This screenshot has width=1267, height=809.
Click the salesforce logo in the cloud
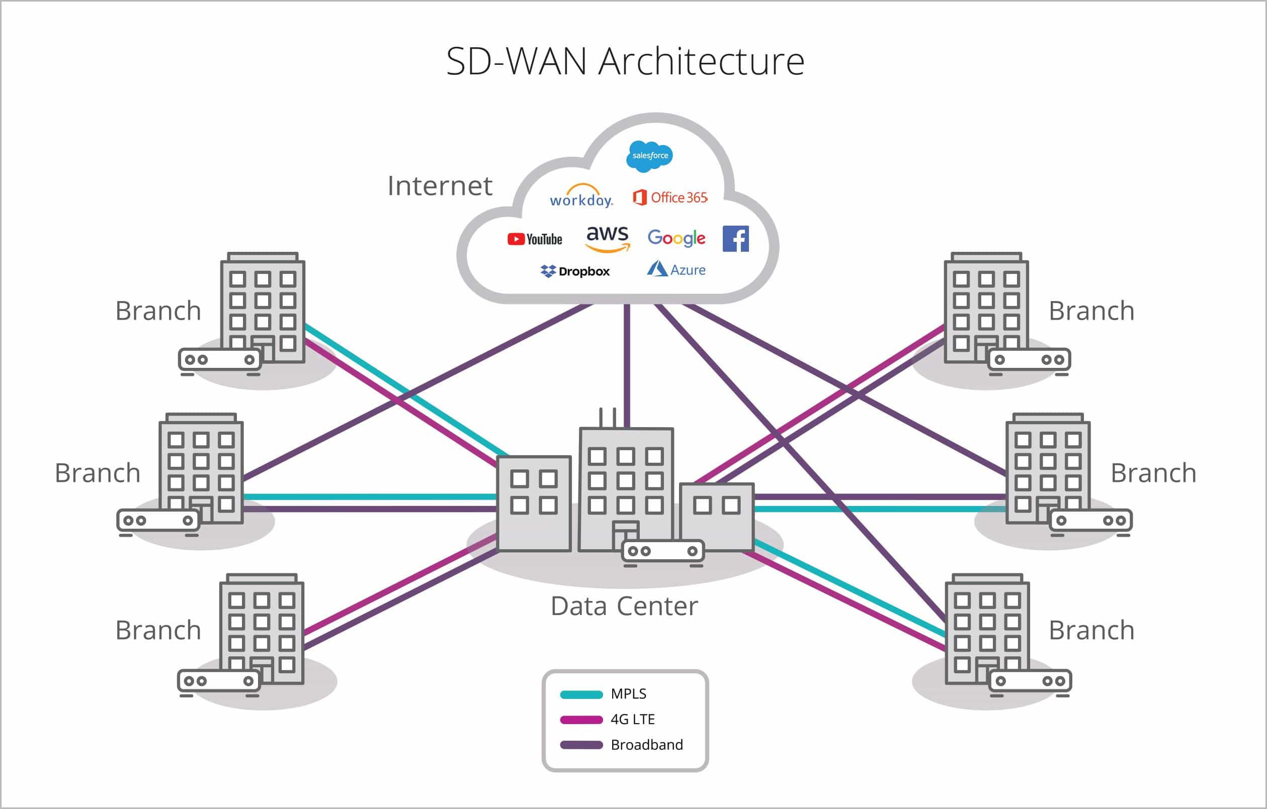(x=650, y=156)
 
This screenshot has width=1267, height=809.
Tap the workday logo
(x=581, y=197)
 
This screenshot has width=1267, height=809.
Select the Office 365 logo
(x=670, y=197)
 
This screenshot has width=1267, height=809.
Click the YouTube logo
(x=535, y=239)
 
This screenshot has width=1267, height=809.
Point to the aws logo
(x=608, y=238)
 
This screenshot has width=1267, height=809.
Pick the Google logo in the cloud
(x=676, y=238)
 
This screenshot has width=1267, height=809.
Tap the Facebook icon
(x=735, y=239)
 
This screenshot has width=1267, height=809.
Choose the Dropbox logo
(x=575, y=271)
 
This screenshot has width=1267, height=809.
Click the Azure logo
(x=676, y=270)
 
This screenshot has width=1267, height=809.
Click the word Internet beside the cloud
(x=440, y=186)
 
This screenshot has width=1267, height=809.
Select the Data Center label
(x=624, y=606)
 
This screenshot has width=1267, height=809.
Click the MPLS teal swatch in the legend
(x=581, y=695)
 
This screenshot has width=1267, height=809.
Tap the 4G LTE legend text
(x=632, y=719)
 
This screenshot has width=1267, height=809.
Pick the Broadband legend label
(x=647, y=745)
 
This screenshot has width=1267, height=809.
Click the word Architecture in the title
(x=701, y=61)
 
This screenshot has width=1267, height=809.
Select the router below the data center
(x=663, y=551)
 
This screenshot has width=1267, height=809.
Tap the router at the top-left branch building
(x=219, y=360)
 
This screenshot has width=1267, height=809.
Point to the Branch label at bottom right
(x=1091, y=630)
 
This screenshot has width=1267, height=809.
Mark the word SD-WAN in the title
(x=516, y=61)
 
